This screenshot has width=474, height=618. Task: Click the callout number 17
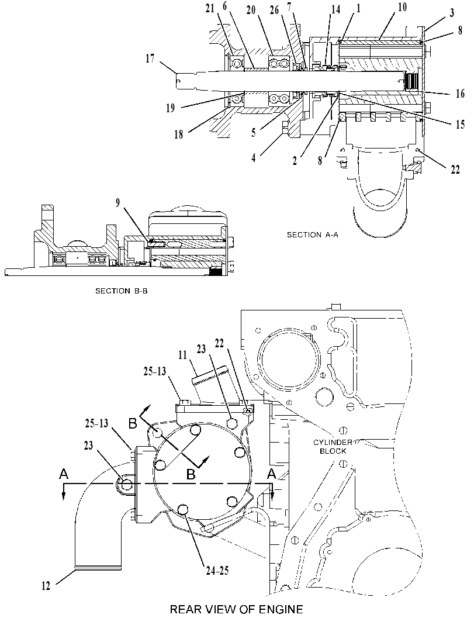point(150,58)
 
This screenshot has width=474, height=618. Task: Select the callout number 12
point(46,586)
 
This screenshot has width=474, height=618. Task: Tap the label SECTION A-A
point(313,235)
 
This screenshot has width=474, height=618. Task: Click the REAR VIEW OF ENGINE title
point(236,609)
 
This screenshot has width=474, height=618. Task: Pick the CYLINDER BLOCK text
point(333,447)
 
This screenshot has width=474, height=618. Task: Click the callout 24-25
point(217,570)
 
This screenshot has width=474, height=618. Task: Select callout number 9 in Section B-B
point(117,203)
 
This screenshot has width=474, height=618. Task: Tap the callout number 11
point(182,355)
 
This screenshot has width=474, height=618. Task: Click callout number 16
point(460,94)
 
